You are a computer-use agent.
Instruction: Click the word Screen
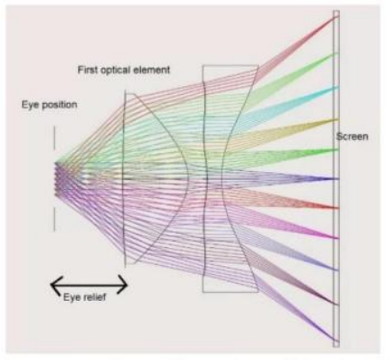352,136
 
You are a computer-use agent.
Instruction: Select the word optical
114,70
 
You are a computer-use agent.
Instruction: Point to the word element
152,70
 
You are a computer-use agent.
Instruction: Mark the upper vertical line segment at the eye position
55,138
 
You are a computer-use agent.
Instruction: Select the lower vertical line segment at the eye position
55,219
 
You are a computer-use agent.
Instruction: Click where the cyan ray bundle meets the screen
338,87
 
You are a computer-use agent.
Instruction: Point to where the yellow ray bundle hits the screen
338,120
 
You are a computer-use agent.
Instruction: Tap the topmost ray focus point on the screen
337,17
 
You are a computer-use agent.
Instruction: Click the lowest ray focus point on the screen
337,341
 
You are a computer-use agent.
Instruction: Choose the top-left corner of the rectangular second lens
203,65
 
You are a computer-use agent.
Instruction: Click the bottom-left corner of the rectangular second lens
203,292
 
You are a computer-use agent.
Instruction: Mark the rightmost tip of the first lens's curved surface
188,179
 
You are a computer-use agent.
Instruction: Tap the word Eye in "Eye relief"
70,297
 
